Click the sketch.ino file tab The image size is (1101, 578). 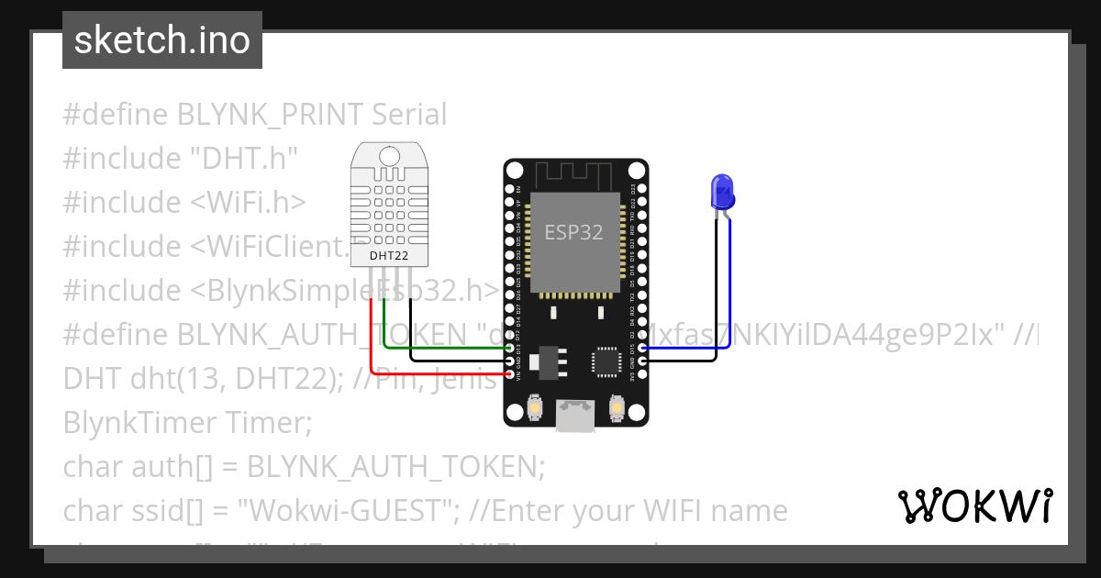161,40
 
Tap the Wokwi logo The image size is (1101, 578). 974,506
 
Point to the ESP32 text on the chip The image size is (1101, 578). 574,232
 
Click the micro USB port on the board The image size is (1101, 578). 575,415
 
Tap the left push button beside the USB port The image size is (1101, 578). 534,406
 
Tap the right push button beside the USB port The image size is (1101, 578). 617,406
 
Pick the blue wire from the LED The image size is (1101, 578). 730,294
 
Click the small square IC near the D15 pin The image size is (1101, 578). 606,361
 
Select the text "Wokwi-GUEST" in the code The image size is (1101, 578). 346,510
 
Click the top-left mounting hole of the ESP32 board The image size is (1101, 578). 515,171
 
